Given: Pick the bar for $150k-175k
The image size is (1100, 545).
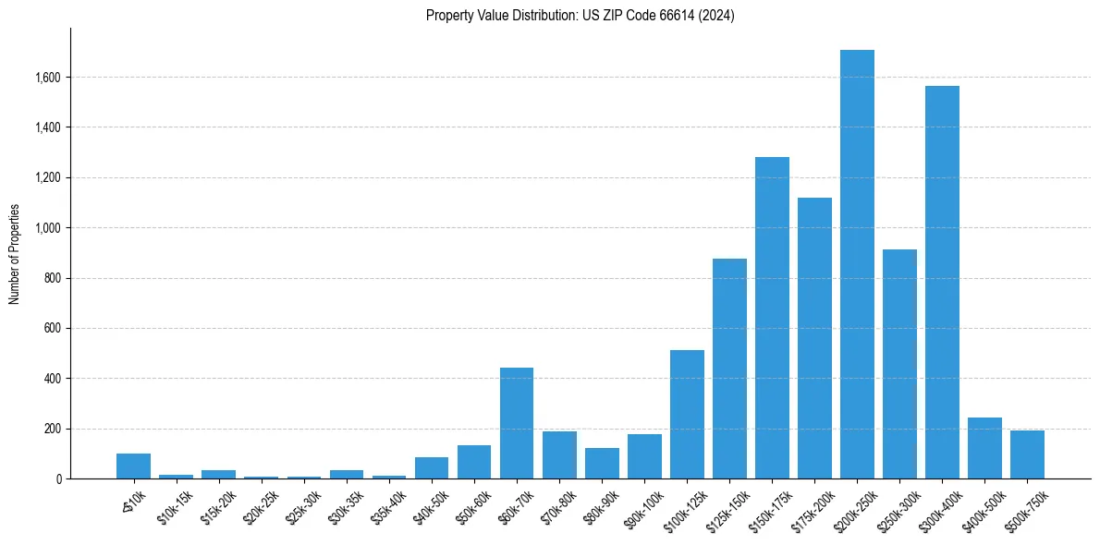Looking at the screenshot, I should click(x=772, y=318).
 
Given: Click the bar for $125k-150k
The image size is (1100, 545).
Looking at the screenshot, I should click(x=729, y=369).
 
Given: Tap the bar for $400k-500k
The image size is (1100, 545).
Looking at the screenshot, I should click(x=984, y=448).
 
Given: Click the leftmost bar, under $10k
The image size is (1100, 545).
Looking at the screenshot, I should click(x=134, y=466).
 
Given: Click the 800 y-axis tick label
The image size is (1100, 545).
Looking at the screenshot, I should click(x=54, y=278).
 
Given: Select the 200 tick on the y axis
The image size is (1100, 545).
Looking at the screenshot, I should click(x=54, y=429).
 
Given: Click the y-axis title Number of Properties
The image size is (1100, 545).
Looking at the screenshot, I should click(x=14, y=254).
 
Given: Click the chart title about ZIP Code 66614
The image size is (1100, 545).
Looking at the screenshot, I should click(x=580, y=16).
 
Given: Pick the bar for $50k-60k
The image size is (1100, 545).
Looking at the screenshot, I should click(x=474, y=462).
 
